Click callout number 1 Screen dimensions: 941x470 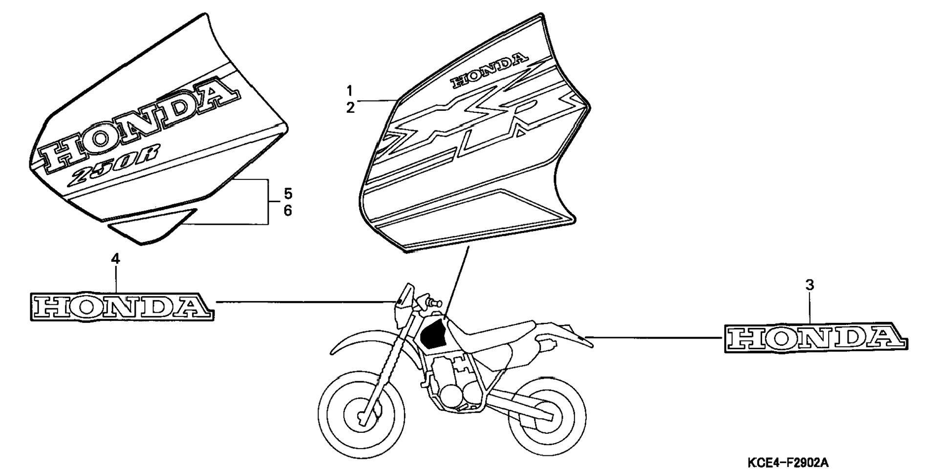click(x=350, y=90)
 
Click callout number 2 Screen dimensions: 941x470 click(x=350, y=108)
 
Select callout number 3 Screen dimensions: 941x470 click(x=810, y=285)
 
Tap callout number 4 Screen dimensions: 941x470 click(x=115, y=259)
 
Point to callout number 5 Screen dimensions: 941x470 click(x=288, y=194)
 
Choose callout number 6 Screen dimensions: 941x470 click(x=288, y=211)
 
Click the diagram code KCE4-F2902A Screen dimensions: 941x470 click(x=787, y=462)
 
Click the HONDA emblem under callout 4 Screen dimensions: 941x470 click(x=122, y=307)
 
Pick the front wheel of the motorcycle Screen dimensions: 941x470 click(x=362, y=415)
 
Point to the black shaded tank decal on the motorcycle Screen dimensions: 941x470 click(x=432, y=334)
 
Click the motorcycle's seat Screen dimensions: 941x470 click(x=493, y=332)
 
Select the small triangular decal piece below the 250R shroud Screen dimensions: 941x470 click(x=151, y=227)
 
